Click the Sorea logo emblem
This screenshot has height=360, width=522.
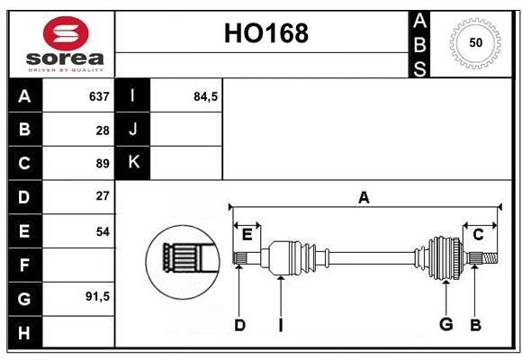coord(66,33)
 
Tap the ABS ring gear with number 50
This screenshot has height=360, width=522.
coord(474,42)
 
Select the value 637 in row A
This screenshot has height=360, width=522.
coord(99,96)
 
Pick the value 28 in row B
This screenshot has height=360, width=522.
coord(102,130)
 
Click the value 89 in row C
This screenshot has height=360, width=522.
coord(102,163)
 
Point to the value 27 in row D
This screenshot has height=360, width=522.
coord(102,195)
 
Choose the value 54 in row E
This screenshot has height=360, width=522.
coord(102,231)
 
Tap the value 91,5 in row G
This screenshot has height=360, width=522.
coord(96,296)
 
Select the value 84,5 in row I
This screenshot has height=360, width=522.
coord(206,96)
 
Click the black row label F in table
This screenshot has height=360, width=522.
coord(24,265)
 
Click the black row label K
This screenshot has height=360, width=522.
coord(133,163)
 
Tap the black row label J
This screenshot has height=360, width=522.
coord(133,130)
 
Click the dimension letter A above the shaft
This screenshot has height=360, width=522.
coord(364,197)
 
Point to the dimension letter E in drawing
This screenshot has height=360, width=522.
coord(247,235)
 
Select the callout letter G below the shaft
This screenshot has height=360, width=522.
coord(445,324)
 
